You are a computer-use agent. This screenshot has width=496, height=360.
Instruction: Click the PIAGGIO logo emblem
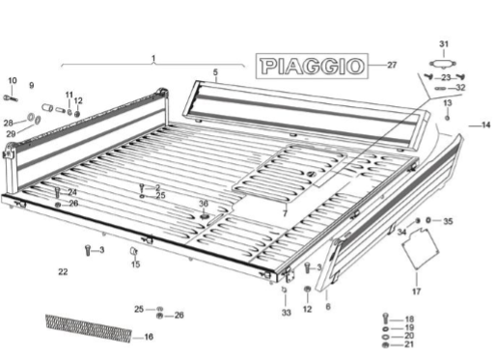tap(312, 66)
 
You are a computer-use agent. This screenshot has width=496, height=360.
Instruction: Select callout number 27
tap(392, 65)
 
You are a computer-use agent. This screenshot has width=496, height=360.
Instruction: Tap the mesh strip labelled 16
tap(89, 328)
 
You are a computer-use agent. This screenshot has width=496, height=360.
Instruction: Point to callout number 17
tap(416, 291)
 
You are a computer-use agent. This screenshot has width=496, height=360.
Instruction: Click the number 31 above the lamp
tap(444, 43)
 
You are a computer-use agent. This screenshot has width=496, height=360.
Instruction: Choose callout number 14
tap(485, 125)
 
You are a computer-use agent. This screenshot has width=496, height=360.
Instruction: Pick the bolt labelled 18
tap(386, 318)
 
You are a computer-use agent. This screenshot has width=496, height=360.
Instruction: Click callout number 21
tap(409, 345)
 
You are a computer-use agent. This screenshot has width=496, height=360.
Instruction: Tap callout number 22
tap(63, 272)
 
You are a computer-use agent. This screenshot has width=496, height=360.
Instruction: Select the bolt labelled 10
tap(11, 97)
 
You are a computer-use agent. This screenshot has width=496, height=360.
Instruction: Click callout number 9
tap(32, 85)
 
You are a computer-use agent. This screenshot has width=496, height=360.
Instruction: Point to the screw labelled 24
tap(58, 192)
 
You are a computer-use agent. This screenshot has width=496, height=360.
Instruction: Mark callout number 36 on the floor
tap(204, 204)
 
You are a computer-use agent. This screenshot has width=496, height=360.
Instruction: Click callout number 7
tap(285, 213)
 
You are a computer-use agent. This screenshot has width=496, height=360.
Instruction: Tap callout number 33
tap(287, 312)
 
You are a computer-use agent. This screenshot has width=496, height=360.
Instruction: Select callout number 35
tap(448, 221)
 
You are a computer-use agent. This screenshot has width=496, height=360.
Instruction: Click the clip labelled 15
tap(133, 251)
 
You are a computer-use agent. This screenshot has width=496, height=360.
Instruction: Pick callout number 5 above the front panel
tap(215, 72)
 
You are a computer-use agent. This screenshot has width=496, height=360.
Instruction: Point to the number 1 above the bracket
tap(153, 58)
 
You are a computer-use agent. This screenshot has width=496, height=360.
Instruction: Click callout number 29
tap(11, 133)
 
